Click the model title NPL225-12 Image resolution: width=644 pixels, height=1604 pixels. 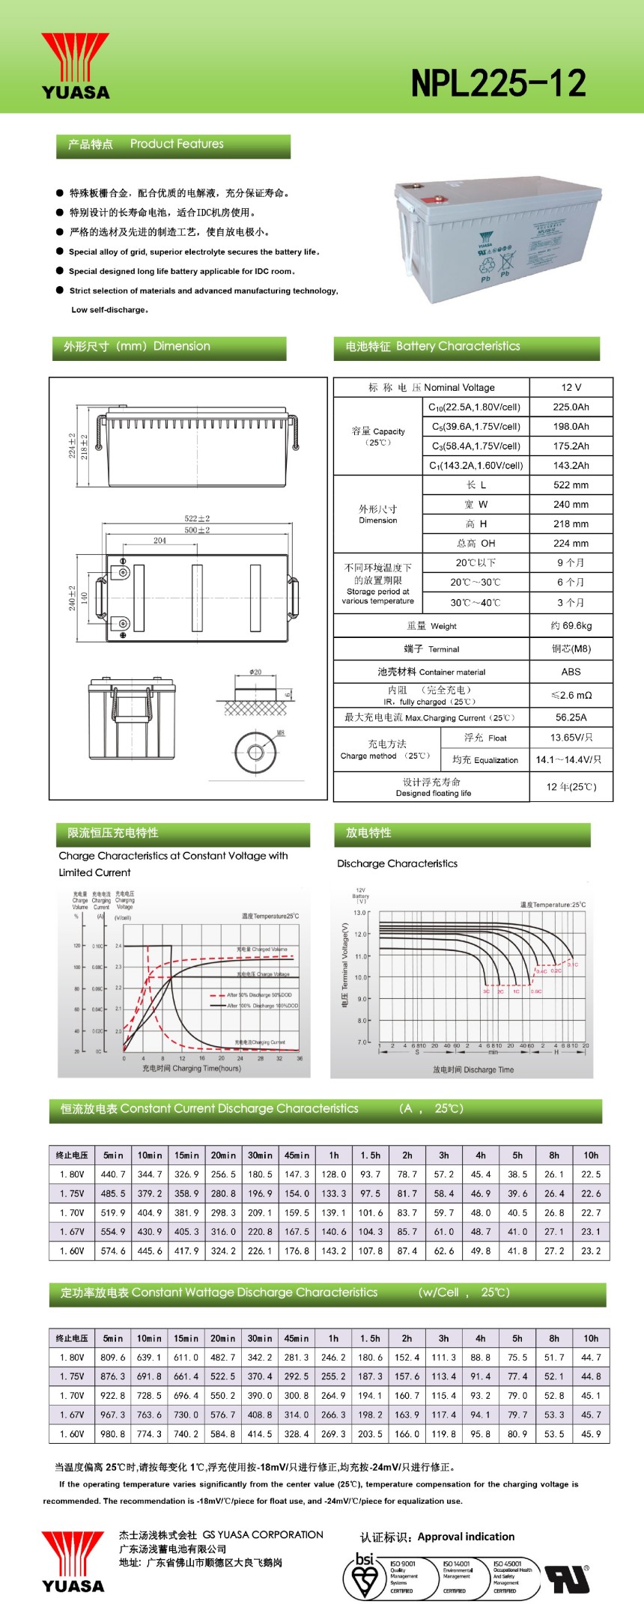pos(498,83)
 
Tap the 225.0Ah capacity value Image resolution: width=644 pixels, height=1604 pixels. pos(571,407)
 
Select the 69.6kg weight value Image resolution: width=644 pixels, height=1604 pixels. pos(571,625)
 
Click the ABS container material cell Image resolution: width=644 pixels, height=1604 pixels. pos(571,672)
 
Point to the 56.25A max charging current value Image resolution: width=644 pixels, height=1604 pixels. pos(571,717)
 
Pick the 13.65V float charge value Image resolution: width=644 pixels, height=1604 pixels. pos(571,737)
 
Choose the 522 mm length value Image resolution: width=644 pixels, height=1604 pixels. pos(571,484)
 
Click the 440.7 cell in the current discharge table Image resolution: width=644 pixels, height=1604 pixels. pos(113,1174)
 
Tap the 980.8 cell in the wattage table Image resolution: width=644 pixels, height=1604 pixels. pos(113,1433)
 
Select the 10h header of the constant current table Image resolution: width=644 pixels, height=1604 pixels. pos(591,1155)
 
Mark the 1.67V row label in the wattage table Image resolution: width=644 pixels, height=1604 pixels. pos(72,1414)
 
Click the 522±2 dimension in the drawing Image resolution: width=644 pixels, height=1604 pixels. pos(197,518)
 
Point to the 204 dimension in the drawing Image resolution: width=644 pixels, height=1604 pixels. pos(160,540)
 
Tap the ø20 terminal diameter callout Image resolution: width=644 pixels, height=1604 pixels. pos(255,672)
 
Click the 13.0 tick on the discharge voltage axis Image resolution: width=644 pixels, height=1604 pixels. pos(359,912)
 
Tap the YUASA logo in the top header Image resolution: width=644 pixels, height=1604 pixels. pos(76,67)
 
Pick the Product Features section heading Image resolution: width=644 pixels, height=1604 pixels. pos(173,145)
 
